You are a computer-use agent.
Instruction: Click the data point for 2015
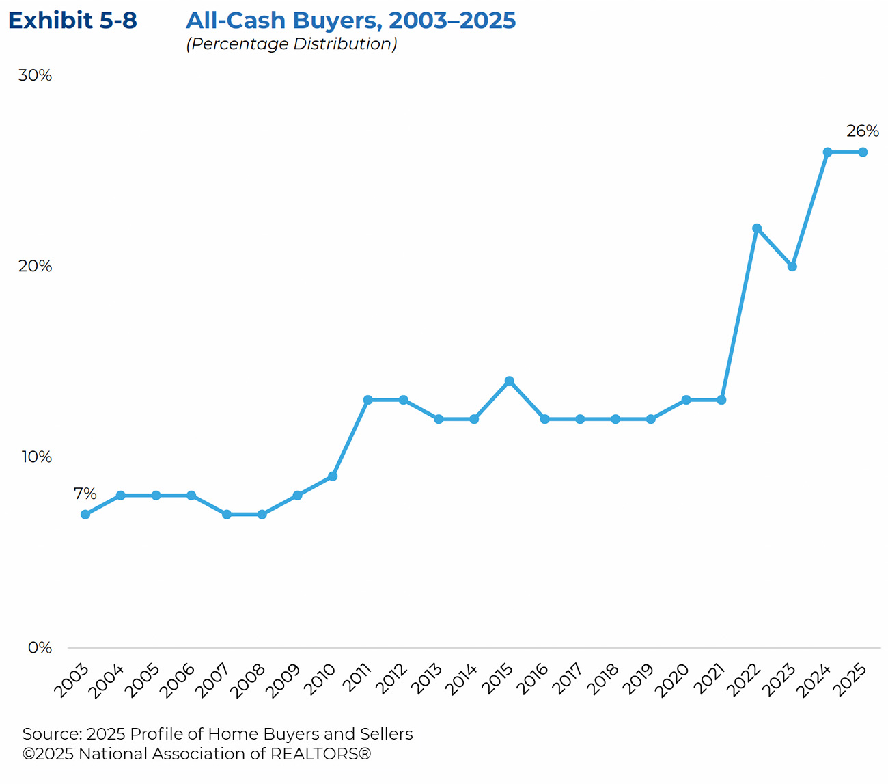pyautogui.click(x=509, y=381)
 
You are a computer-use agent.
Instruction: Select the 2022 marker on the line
pyautogui.click(x=757, y=228)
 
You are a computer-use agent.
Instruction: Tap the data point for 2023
pyautogui.click(x=792, y=267)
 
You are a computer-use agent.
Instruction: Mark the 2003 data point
pyautogui.click(x=85, y=514)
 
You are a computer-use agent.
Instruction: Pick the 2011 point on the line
pyautogui.click(x=368, y=400)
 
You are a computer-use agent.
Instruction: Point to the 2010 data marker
pyautogui.click(x=333, y=476)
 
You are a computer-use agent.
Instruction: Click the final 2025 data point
pyautogui.click(x=863, y=152)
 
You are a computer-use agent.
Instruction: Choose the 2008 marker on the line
pyautogui.click(x=262, y=514)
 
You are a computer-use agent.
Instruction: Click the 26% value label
pyautogui.click(x=863, y=131)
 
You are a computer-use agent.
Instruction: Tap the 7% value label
pyautogui.click(x=85, y=494)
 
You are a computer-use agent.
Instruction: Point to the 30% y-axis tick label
pyautogui.click(x=35, y=75)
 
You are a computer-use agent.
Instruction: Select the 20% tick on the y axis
pyautogui.click(x=35, y=266)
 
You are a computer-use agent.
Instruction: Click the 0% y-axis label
pyautogui.click(x=40, y=647)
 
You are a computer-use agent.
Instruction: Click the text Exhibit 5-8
pyautogui.click(x=72, y=21)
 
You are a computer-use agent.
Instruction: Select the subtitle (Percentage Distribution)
pyautogui.click(x=291, y=44)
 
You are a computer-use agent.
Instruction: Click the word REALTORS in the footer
pyautogui.click(x=315, y=754)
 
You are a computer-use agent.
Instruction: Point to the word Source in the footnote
pyautogui.click(x=51, y=734)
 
